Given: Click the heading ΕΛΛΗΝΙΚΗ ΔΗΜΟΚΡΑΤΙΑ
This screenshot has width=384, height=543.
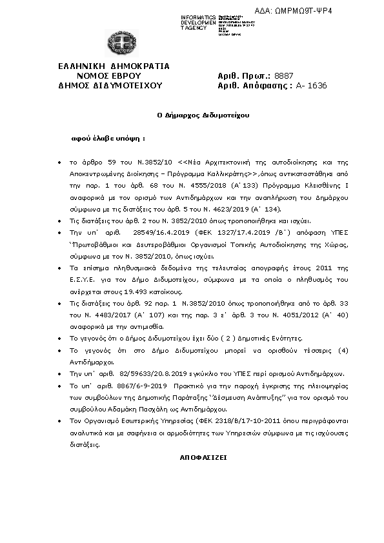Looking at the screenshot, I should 114,66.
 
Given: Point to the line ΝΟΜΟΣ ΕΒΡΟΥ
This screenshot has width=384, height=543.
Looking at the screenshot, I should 114,75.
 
